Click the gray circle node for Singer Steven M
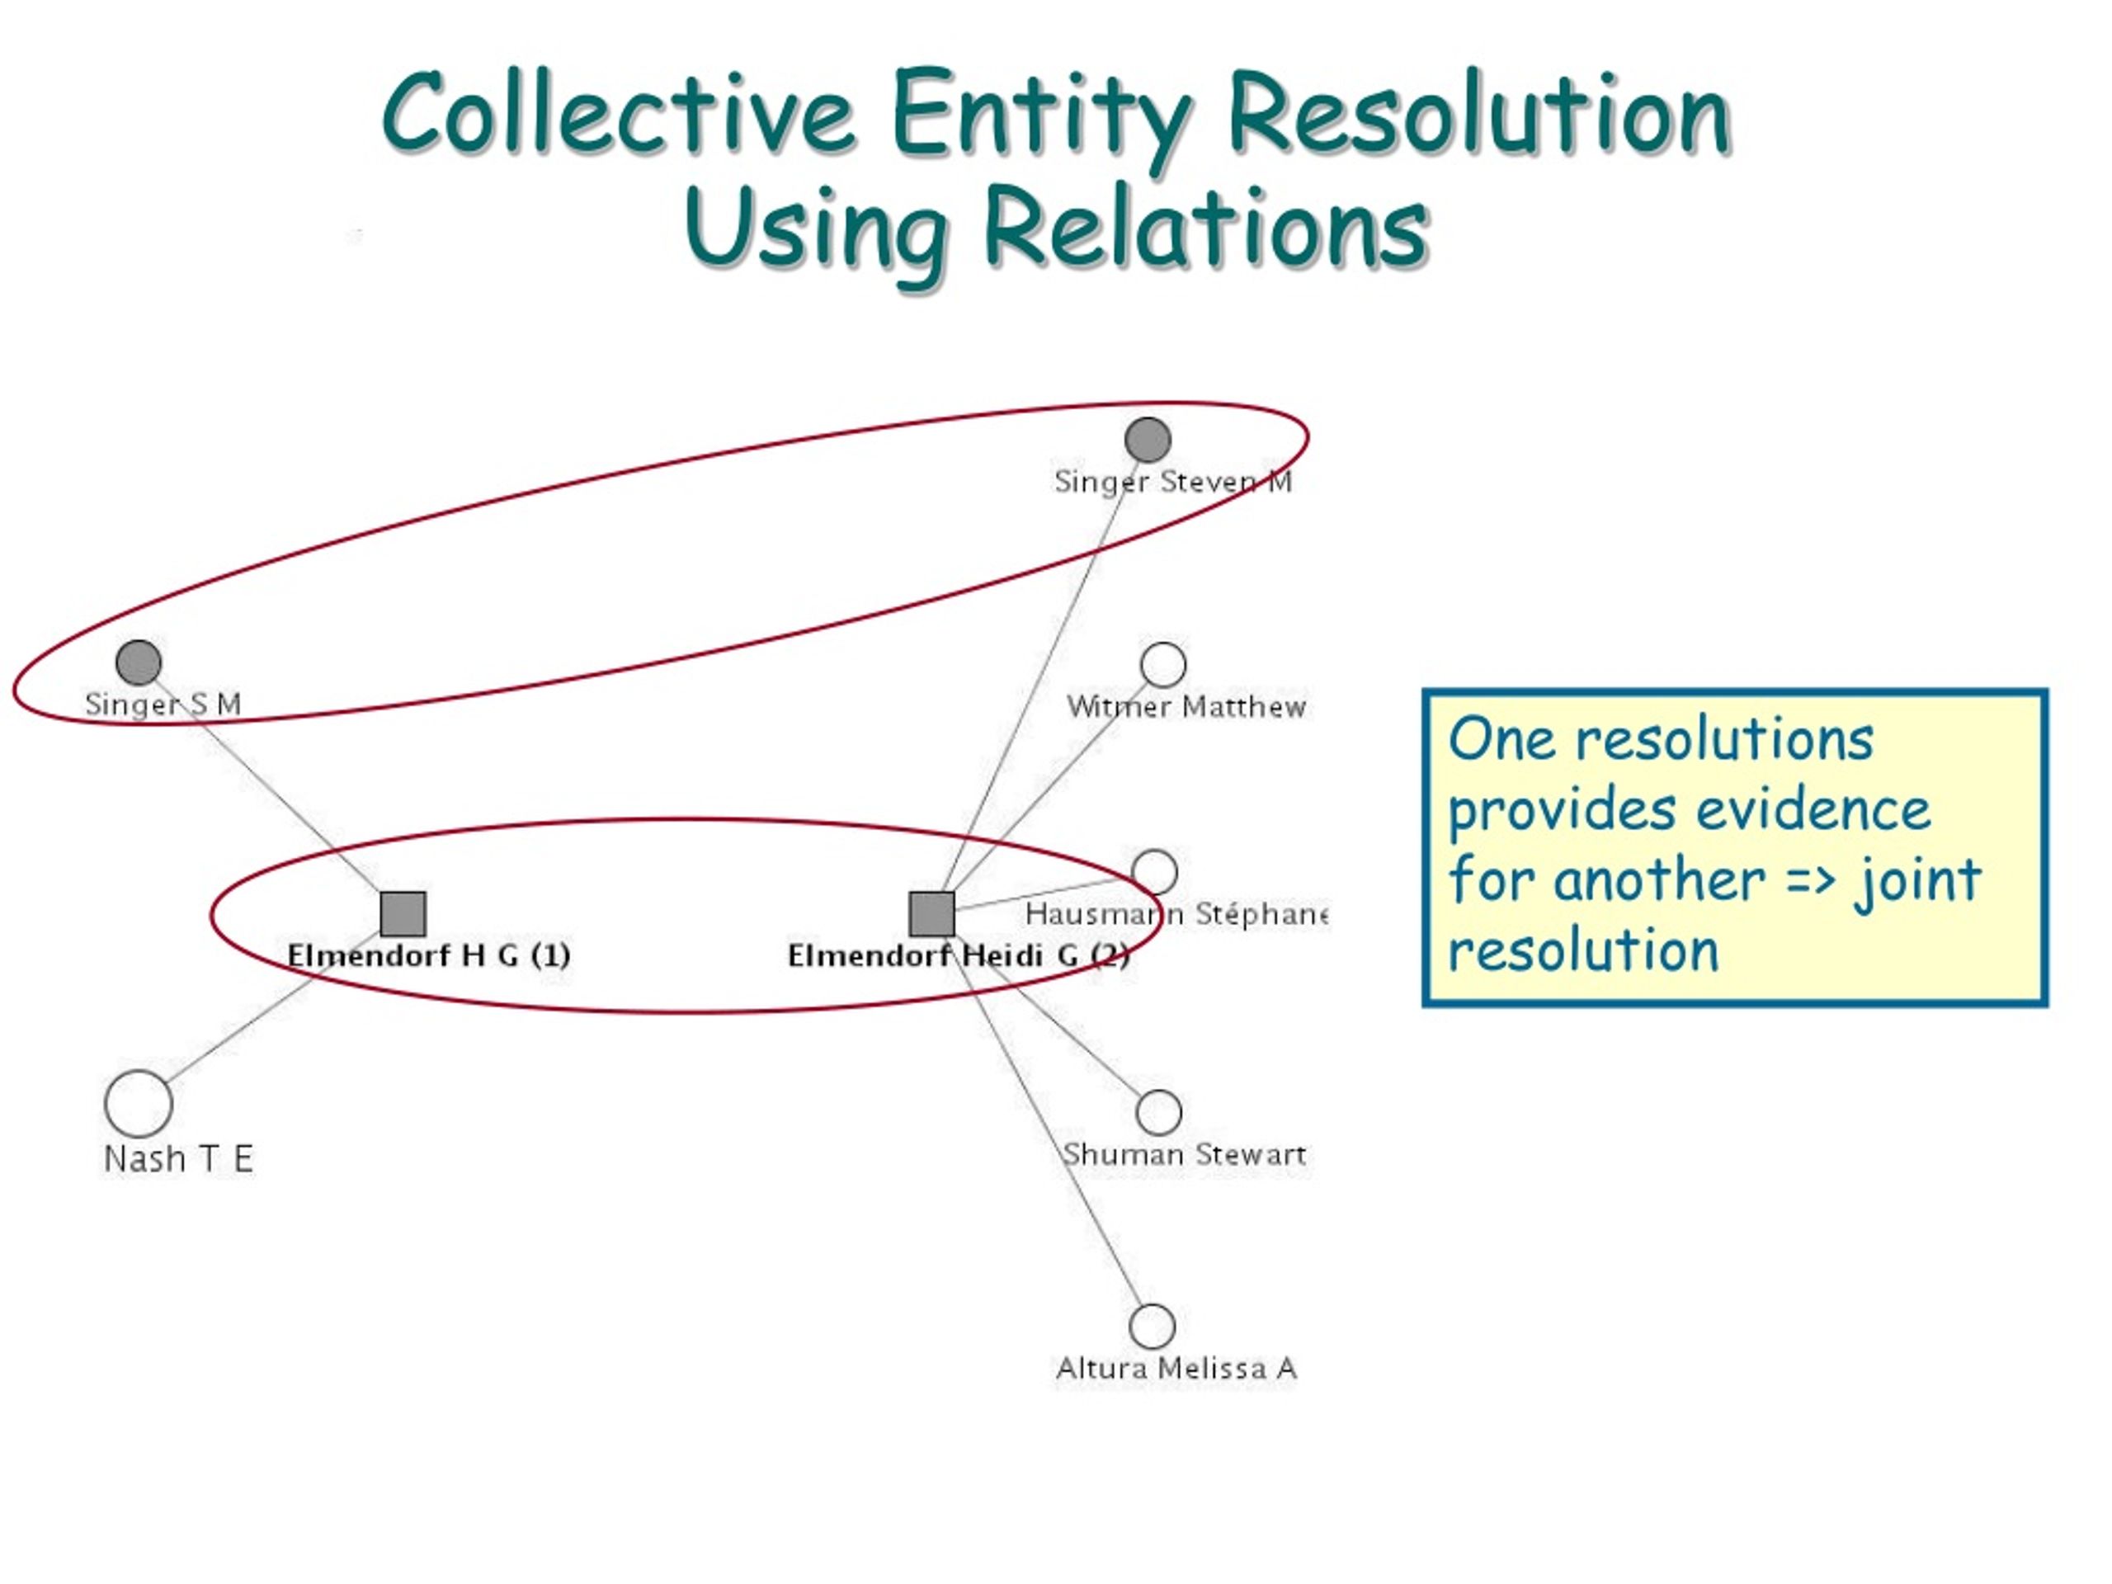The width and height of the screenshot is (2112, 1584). point(1148,441)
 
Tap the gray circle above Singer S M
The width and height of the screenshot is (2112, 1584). point(139,662)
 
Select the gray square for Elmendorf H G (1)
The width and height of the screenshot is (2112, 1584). point(403,915)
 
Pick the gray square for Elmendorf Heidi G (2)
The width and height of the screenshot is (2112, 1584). point(932,915)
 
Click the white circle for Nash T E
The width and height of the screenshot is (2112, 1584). point(139,1104)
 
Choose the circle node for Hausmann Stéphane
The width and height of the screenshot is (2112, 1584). point(1154,873)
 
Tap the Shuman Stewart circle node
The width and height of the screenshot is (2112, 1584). point(1159,1112)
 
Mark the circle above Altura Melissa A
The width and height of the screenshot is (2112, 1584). point(1152,1327)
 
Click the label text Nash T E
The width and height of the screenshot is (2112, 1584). point(178,1159)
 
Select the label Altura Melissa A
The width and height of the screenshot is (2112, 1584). point(1176,1368)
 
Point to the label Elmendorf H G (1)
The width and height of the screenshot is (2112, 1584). point(429,955)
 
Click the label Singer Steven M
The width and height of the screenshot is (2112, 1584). point(1173,481)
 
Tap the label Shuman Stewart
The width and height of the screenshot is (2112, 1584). point(1184,1154)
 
